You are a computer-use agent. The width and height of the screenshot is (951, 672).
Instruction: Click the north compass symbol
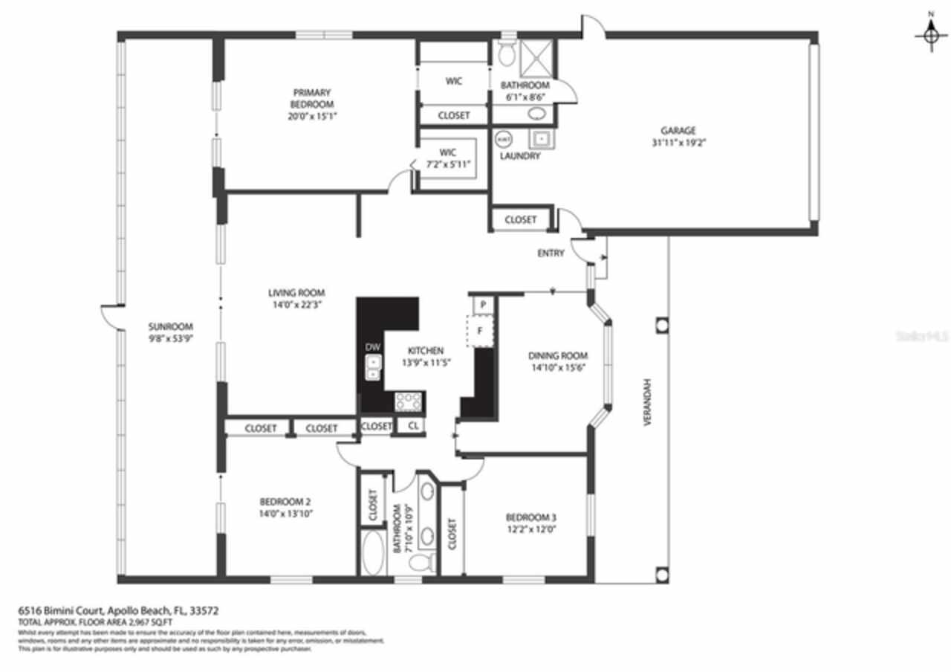click(931, 33)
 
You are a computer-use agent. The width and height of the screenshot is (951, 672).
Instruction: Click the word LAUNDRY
click(520, 156)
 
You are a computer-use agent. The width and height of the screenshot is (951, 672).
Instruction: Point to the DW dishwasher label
click(372, 347)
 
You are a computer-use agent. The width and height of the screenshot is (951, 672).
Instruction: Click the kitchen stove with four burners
click(409, 402)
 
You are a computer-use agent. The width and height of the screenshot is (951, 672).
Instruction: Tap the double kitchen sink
click(372, 368)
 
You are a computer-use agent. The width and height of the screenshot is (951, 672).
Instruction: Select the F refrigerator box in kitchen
click(480, 331)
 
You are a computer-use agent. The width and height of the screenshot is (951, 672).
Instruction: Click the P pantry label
click(482, 304)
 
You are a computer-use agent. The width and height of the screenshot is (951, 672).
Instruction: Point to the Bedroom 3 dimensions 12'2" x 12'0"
click(531, 529)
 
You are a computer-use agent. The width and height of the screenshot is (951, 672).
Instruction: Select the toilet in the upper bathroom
click(508, 52)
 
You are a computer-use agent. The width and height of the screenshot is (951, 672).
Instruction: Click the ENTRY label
click(551, 253)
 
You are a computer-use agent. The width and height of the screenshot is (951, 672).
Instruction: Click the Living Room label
click(296, 293)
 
